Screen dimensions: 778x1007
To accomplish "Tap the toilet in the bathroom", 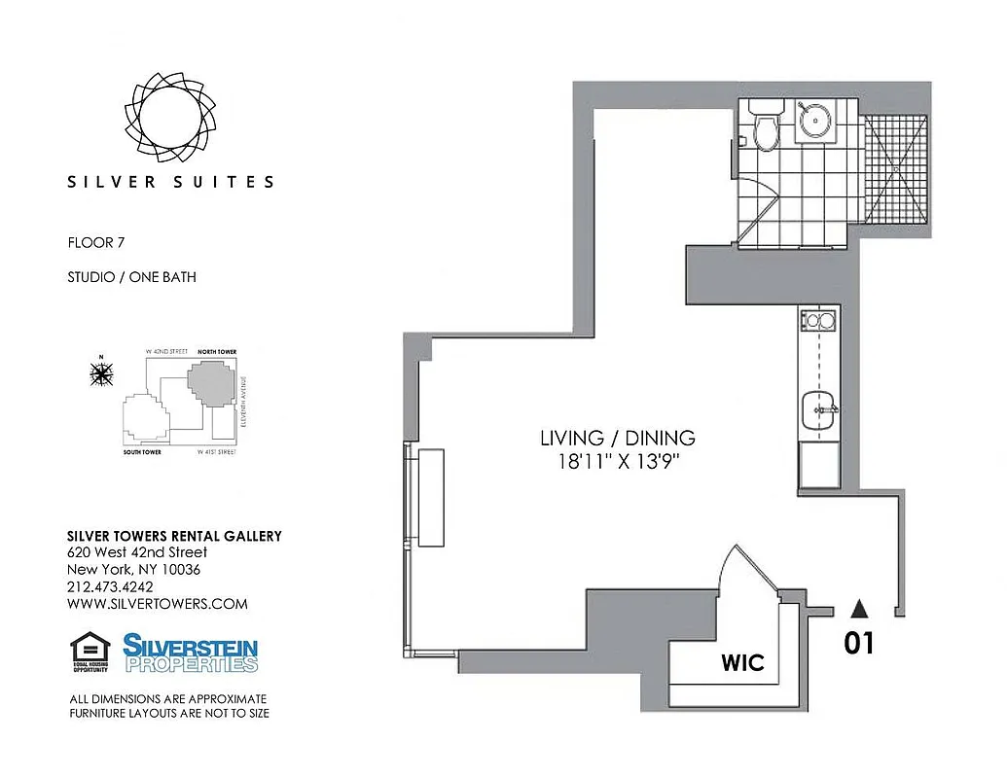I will point(765,132).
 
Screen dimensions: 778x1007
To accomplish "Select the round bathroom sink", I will point(815,123).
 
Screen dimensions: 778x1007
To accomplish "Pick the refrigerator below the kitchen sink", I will point(817,468).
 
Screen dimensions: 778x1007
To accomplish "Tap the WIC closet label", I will point(742,664).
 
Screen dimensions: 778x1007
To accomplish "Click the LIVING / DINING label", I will point(618,438).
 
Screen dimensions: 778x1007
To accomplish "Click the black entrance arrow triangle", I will point(859,609).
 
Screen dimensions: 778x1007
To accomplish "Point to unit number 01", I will point(859,644).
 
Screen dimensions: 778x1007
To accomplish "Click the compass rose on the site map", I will point(100,372).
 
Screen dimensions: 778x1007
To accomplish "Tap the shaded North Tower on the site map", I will point(212,383).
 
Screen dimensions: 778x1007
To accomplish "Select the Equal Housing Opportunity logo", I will point(89,653).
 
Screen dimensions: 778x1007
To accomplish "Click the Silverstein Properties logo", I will point(190,653).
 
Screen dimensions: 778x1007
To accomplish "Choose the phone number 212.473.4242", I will point(110,586).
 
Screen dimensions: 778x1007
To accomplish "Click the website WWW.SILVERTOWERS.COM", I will point(157,604).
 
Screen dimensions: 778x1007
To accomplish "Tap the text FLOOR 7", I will point(96,242).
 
